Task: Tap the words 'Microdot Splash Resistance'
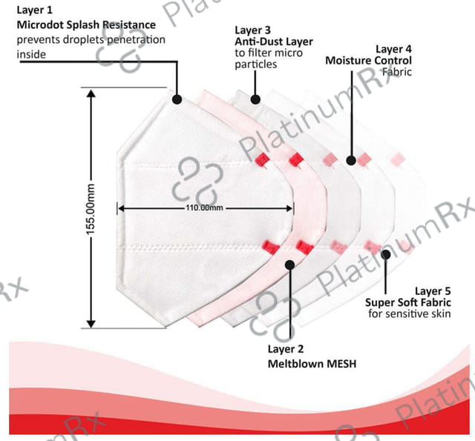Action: [87, 25]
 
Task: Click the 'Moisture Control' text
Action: [368, 60]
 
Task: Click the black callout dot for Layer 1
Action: [177, 99]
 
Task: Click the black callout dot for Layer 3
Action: [255, 98]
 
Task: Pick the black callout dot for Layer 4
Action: [351, 159]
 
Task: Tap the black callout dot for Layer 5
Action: [385, 254]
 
